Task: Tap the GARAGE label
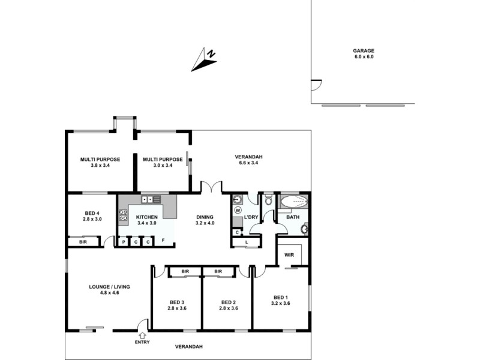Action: click(x=364, y=51)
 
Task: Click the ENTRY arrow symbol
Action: click(x=143, y=335)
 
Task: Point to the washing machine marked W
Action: click(x=238, y=211)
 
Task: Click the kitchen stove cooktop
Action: click(x=124, y=215)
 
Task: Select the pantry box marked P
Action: click(x=124, y=242)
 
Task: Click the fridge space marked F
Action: click(x=163, y=241)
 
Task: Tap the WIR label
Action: click(x=289, y=254)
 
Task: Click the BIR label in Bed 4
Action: click(x=82, y=242)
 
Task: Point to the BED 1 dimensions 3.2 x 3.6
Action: click(x=281, y=304)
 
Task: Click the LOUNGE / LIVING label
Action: click(x=109, y=287)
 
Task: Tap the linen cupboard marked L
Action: click(x=247, y=242)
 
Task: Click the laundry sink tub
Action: click(x=238, y=199)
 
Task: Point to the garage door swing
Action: click(x=316, y=86)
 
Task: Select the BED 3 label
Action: click(x=176, y=302)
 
